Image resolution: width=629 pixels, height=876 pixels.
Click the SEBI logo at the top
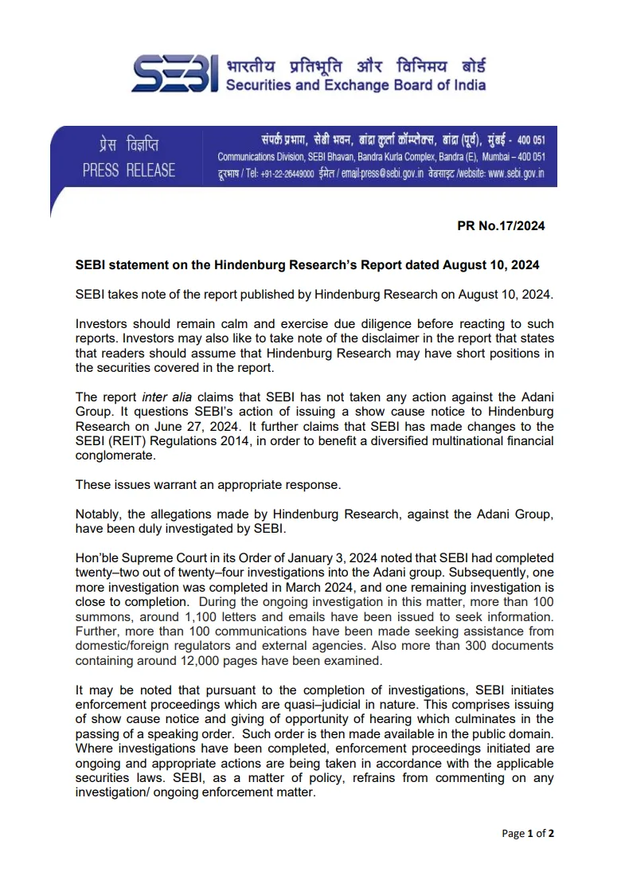[x=174, y=75]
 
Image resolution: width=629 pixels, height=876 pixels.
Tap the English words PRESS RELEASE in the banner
[x=129, y=170]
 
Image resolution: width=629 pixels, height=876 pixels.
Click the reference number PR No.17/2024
[x=501, y=226]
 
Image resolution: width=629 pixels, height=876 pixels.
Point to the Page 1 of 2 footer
[x=528, y=834]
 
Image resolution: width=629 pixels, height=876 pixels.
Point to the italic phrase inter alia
[x=163, y=397]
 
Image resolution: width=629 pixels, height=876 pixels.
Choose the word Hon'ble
[x=97, y=558]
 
